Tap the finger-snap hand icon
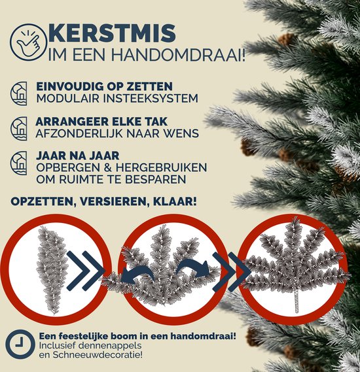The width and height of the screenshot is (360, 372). click(x=28, y=42)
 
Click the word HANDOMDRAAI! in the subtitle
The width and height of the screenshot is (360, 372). click(x=178, y=54)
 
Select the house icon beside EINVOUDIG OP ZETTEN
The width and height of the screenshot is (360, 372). click(x=19, y=93)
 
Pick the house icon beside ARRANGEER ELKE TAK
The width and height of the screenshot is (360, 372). click(x=19, y=128)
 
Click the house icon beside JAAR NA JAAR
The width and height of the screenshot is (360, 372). click(x=19, y=163)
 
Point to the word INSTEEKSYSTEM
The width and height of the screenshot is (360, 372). click(x=151, y=98)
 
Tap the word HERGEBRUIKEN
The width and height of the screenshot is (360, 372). click(x=162, y=168)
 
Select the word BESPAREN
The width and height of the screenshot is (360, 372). click(x=156, y=179)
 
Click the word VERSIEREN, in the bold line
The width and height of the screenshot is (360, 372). click(x=114, y=202)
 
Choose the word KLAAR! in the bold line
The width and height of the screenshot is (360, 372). click(x=175, y=201)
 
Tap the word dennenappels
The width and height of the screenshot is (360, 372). click(x=110, y=346)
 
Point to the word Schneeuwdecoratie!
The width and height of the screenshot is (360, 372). click(x=98, y=355)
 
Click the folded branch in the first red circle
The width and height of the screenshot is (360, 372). click(x=51, y=269)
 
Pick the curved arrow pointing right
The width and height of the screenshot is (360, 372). click(x=194, y=267)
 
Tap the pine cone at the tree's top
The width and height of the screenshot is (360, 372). click(x=287, y=39)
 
